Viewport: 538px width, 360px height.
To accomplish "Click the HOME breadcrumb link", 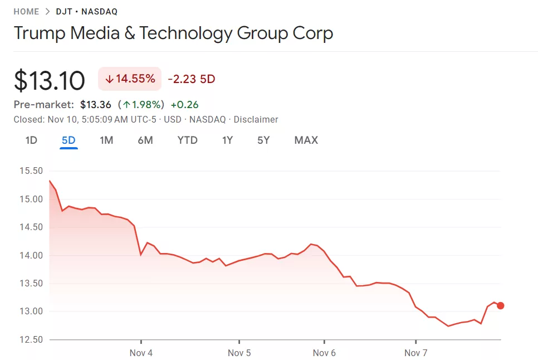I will tap(26, 12).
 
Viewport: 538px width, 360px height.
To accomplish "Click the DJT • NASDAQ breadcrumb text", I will tap(87, 12).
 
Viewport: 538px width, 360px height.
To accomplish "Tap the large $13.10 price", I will tap(50, 80).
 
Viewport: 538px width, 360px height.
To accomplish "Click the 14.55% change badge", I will tap(130, 79).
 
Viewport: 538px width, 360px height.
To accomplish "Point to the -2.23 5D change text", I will tap(191, 79).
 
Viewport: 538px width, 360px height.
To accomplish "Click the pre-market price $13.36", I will tap(96, 105).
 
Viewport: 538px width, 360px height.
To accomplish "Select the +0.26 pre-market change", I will tap(184, 105).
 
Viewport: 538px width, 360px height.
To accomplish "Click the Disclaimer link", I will tap(256, 120).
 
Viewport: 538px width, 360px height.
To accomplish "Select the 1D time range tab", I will tap(31, 140).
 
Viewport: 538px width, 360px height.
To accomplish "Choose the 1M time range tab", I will tap(106, 140).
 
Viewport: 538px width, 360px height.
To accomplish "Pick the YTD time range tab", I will tap(187, 140).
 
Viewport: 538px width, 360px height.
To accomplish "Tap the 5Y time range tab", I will tap(263, 140).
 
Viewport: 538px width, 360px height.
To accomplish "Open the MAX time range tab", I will tap(306, 140).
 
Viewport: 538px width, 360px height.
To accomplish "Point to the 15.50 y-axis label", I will tap(31, 171).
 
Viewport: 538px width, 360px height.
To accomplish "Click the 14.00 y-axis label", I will tap(31, 256).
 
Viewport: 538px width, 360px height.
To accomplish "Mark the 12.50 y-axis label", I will tap(31, 340).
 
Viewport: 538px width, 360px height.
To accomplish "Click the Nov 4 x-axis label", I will tap(141, 353).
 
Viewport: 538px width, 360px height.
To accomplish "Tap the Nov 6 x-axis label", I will tap(324, 353).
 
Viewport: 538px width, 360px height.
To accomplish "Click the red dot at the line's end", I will tap(500, 305).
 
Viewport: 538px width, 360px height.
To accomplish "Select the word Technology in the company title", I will tap(186, 33).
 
